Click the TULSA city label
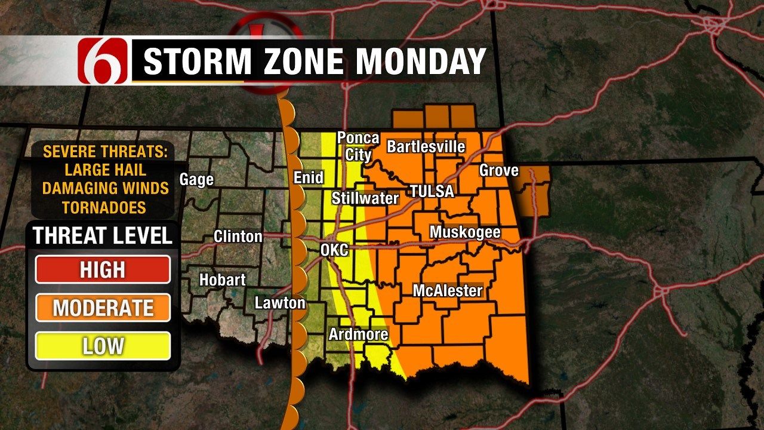[x=432, y=192]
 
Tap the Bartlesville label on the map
[x=426, y=147]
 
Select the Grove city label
[x=499, y=171]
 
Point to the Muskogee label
[x=465, y=232]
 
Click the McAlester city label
[x=448, y=291]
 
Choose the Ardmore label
[x=359, y=334]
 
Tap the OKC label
[x=334, y=250]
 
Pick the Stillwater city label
[x=365, y=198]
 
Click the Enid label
[x=309, y=177]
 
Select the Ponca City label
[x=358, y=146]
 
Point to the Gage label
[x=196, y=179]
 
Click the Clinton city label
[x=238, y=236]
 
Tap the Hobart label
[x=222, y=279]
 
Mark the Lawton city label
[x=280, y=303]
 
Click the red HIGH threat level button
[x=103, y=269]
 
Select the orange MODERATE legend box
[x=103, y=308]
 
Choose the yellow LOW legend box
[x=103, y=346]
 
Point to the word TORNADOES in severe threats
[x=104, y=207]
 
